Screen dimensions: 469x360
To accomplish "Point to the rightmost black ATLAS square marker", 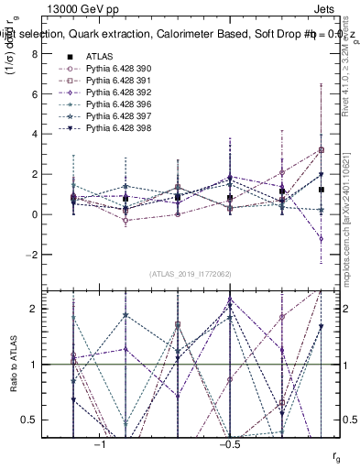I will coord(322,190).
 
